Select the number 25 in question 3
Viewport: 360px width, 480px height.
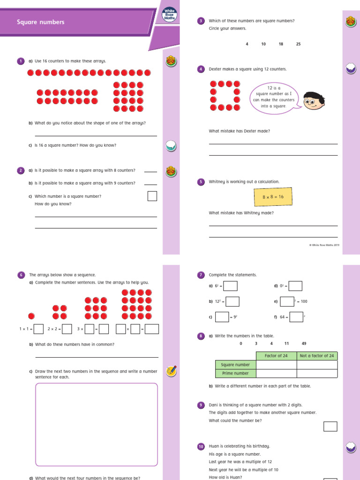tap(299, 44)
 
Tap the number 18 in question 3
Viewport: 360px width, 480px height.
tap(281, 44)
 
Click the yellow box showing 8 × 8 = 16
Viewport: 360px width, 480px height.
tap(273, 197)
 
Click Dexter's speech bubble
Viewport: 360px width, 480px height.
tap(274, 97)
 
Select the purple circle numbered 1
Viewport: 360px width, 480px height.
tap(21, 61)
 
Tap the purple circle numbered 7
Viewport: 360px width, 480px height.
tap(201, 275)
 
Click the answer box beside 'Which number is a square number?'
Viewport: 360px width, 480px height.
tap(152, 196)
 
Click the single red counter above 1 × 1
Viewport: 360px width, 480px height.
tap(31, 316)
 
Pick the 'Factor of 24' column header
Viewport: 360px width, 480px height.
tap(277, 356)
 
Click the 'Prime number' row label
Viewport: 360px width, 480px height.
tap(236, 373)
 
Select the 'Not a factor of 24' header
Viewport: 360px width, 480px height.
tap(317, 356)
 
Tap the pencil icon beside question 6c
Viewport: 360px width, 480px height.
tap(172, 371)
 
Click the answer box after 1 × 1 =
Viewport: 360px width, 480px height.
tap(39, 329)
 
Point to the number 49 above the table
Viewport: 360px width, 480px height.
tap(304, 344)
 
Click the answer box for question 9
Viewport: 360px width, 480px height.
tap(330, 426)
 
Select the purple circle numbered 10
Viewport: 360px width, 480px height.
tap(201, 447)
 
